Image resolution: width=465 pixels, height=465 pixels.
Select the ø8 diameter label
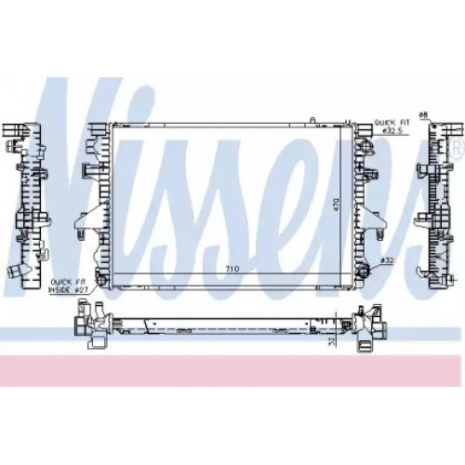click(423, 114)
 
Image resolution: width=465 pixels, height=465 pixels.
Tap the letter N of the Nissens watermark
click(93, 158)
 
